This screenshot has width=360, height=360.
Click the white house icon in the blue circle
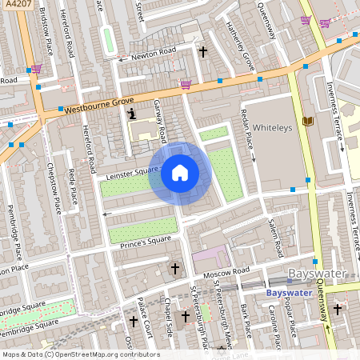(x=180, y=172)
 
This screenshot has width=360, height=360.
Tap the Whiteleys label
(x=273, y=127)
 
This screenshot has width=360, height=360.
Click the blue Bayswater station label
(x=288, y=293)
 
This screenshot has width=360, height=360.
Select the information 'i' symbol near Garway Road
(x=132, y=115)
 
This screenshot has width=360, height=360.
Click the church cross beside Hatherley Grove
(x=202, y=52)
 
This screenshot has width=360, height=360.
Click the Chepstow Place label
(x=56, y=188)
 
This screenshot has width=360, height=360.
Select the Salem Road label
(x=276, y=238)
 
